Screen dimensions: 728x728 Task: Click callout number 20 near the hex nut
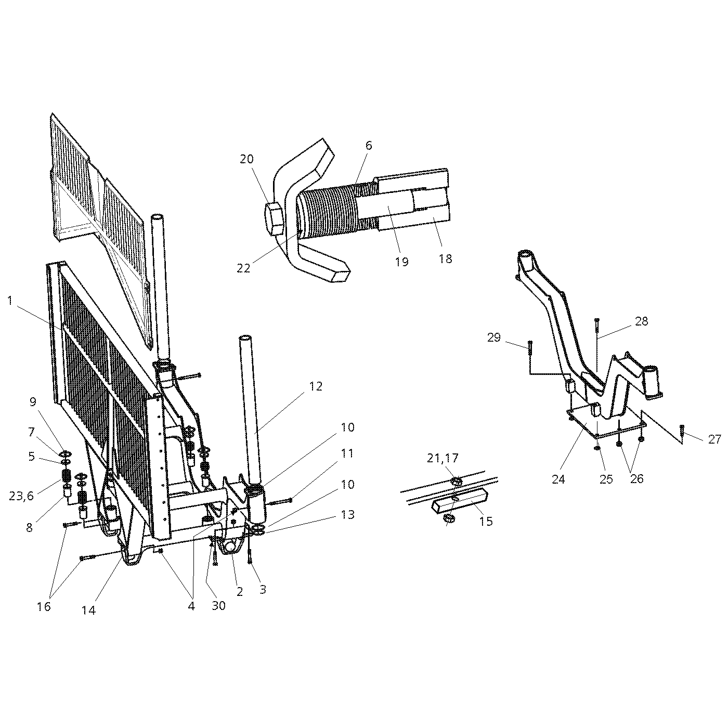(x=246, y=159)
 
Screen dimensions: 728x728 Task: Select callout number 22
(x=244, y=268)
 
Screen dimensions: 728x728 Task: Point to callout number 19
(x=402, y=262)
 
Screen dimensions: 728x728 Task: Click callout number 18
(x=446, y=259)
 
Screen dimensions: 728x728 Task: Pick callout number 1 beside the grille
(x=10, y=301)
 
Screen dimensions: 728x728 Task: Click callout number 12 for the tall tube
(x=316, y=386)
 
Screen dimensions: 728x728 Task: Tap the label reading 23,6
(x=21, y=496)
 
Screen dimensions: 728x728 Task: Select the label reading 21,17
(x=443, y=458)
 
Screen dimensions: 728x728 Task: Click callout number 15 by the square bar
(x=486, y=521)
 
